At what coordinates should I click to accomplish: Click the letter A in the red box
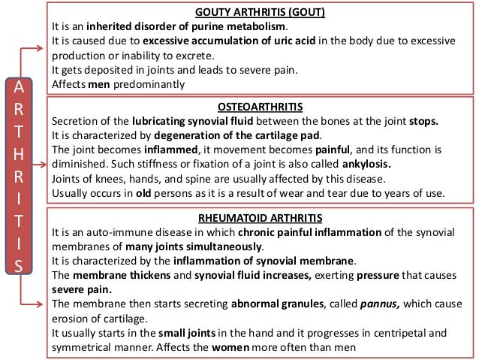click(x=20, y=88)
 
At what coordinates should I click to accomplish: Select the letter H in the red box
click(x=20, y=159)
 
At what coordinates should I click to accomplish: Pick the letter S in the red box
click(x=20, y=265)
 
